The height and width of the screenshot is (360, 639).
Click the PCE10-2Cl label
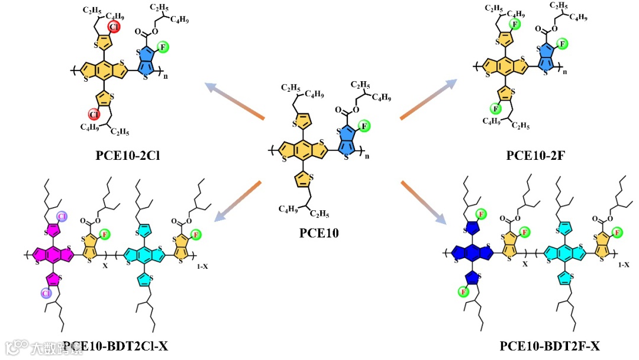tap(128, 156)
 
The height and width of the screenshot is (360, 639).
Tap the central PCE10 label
tap(319, 233)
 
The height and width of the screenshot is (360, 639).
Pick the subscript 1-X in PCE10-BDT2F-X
tap(624, 266)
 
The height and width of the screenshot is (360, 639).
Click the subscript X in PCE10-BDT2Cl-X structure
tap(105, 267)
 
